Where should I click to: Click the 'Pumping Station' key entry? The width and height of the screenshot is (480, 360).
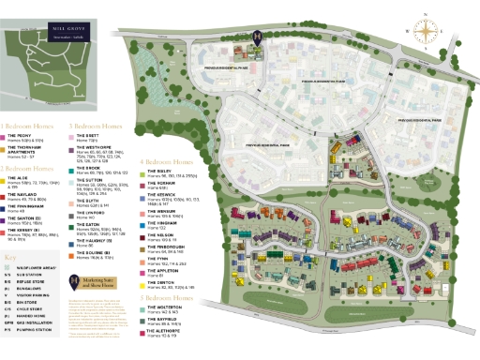[28, 331]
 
